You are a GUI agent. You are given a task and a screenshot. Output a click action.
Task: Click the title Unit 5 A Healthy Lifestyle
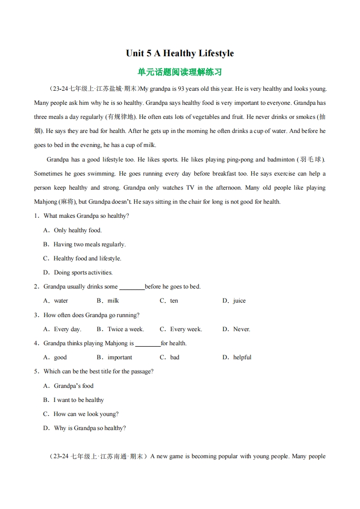(180, 54)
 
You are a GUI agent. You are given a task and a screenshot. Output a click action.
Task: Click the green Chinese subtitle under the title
(180, 72)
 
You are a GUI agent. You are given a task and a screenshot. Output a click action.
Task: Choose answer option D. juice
(234, 301)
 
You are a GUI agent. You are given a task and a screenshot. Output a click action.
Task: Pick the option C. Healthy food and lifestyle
(82, 259)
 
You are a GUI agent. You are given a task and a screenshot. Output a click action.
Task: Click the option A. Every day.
(62, 329)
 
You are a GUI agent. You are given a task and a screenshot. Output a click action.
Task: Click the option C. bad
(169, 357)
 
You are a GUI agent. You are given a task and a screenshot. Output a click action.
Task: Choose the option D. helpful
(237, 357)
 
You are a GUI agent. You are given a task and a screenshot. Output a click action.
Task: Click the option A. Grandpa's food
(68, 386)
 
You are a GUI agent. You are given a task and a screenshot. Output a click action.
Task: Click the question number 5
(36, 372)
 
